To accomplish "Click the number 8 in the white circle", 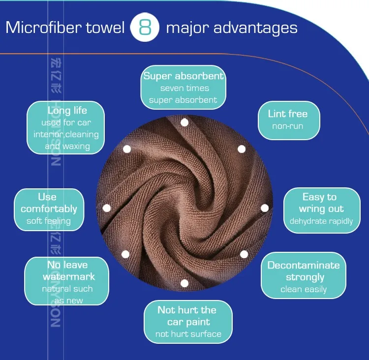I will tap(145, 27).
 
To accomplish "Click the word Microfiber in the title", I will tap(41, 27).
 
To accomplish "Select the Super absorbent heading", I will tap(184, 76).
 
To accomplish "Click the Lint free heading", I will tap(288, 114).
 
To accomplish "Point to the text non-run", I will tap(288, 126).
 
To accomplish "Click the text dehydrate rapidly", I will tap(321, 221).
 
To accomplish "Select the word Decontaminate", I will tap(304, 265).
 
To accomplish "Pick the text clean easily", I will tap(304, 290).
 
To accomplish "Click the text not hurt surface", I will tap(188, 334).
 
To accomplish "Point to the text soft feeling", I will tap(49, 221).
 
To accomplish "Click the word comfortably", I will tap(49, 209).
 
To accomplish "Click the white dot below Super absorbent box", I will tap(184, 122).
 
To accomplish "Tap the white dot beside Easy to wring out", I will tap(265, 208).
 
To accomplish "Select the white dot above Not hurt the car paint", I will tap(184, 283).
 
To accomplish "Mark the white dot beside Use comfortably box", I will tap(106, 208).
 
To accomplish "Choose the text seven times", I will tap(184, 89).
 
